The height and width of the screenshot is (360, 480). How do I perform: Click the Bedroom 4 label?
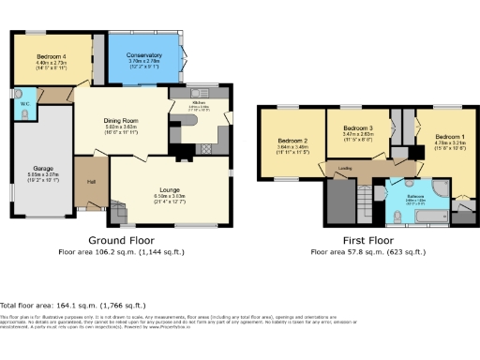click(50, 57)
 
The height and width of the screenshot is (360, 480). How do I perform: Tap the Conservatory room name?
click(143, 56)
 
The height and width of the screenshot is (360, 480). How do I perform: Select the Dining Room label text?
click(120, 121)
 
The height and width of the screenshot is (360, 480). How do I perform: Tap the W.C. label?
click(24, 103)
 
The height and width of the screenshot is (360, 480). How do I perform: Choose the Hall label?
click(92, 181)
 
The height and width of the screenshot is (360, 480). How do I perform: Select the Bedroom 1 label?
click(450, 136)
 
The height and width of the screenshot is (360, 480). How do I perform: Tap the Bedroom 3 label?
click(358, 127)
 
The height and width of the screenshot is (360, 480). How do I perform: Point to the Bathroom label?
click(416, 196)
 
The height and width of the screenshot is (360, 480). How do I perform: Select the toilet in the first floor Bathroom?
click(397, 215)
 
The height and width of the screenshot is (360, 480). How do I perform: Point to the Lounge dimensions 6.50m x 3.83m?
click(170, 197)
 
